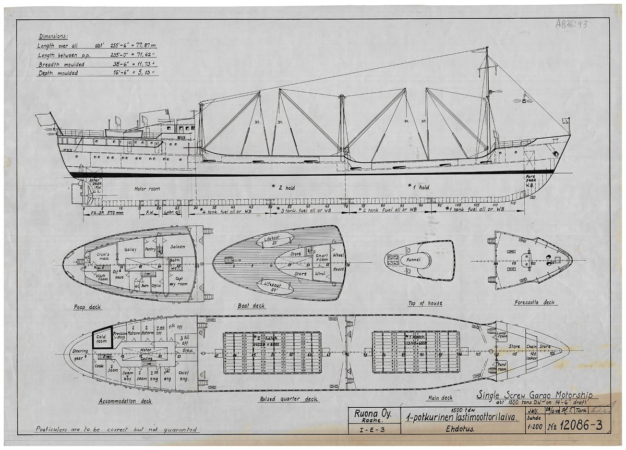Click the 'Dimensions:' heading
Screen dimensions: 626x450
(53, 37)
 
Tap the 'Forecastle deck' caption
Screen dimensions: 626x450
(534, 302)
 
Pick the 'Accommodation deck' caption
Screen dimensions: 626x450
(125, 401)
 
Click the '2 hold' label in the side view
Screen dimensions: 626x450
(286, 188)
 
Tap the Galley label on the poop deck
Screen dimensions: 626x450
(130, 250)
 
